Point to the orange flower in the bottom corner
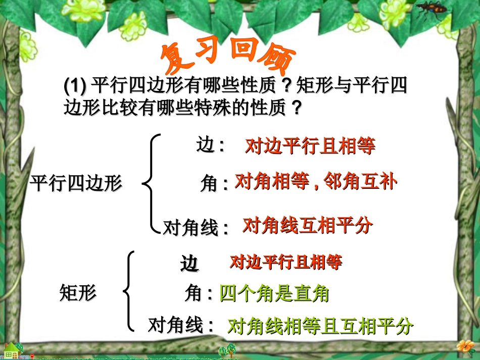[464, 346]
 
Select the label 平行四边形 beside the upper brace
[76, 183]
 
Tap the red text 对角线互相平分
[307, 226]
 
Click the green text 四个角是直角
[274, 293]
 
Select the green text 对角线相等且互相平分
[320, 327]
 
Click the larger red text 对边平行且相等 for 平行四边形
[310, 146]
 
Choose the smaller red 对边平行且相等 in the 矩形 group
[285, 262]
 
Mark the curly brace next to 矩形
[129, 291]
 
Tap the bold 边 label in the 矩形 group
[190, 264]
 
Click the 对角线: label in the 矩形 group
[181, 325]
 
